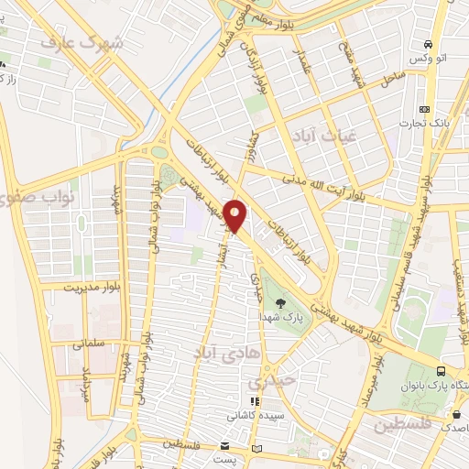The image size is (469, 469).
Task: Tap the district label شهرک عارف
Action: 87,42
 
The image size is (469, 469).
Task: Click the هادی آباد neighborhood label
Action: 221,350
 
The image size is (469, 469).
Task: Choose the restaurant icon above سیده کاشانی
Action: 256,401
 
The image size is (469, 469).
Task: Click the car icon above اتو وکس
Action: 428,44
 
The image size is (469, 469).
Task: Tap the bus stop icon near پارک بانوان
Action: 442,372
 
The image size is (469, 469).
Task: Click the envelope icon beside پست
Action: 256,448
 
